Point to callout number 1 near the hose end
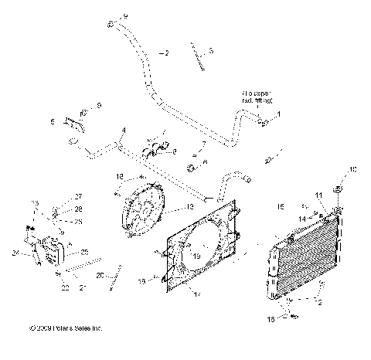point(279,114)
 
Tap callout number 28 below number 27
point(78,209)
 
